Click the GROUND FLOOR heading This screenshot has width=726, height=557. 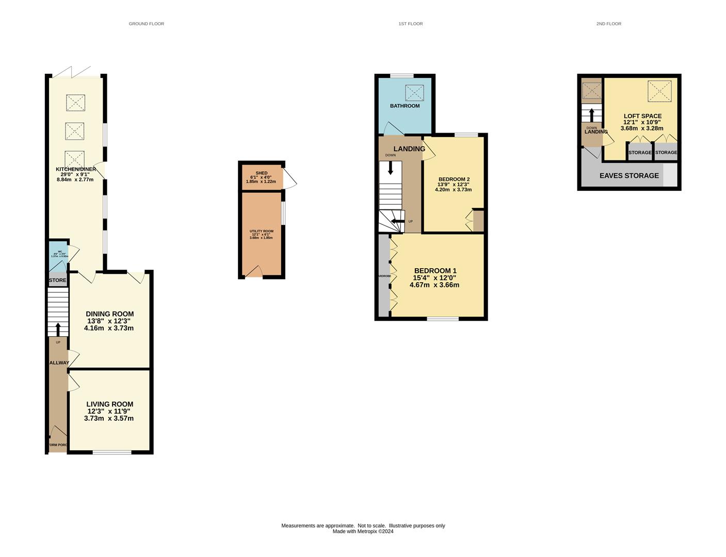point(146,24)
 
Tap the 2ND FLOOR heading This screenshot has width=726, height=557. point(608,24)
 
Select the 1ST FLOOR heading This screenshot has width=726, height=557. point(410,24)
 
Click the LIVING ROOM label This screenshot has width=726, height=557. point(109,404)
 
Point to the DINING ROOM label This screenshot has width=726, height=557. point(109,314)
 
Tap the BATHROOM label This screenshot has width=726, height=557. point(405,106)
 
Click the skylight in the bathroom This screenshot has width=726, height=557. point(414,93)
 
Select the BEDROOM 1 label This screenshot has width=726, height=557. point(435,271)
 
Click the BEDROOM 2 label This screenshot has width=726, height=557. point(454,179)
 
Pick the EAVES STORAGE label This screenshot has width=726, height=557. point(628,175)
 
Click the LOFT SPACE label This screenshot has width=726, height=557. point(642,116)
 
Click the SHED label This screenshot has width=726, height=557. point(261,173)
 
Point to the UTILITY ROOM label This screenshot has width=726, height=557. point(261,232)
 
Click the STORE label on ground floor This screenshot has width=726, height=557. point(58,280)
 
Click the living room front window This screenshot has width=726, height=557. point(112,452)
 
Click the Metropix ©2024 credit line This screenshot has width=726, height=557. point(363,531)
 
